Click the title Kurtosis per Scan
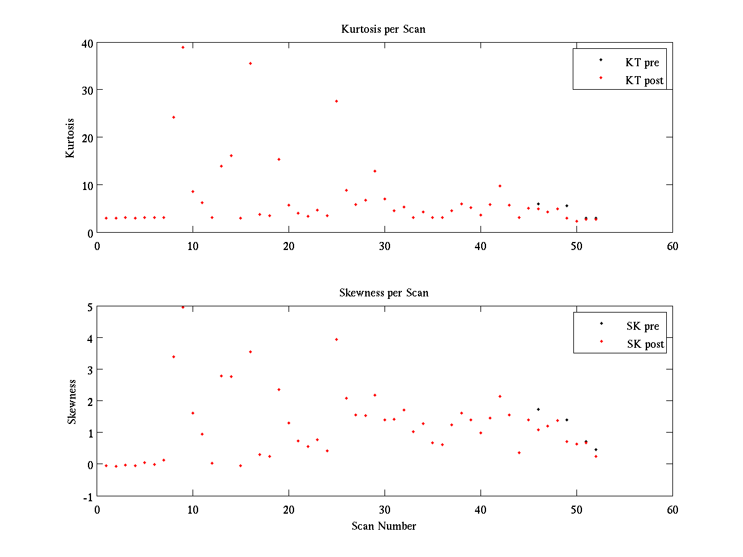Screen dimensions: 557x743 click(383, 29)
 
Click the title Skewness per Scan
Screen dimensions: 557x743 click(383, 293)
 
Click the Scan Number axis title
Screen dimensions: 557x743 click(384, 526)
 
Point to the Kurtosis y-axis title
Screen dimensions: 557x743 click(71, 138)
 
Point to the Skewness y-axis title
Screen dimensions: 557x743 click(72, 402)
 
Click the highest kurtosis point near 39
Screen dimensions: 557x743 click(183, 47)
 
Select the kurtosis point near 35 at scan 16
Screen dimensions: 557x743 click(250, 63)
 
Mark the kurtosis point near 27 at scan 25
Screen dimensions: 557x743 click(336, 101)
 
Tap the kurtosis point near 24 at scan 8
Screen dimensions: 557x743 click(173, 117)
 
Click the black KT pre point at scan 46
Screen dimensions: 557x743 click(538, 204)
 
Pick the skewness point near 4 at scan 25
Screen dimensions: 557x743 click(336, 339)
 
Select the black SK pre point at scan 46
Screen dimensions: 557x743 click(538, 409)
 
